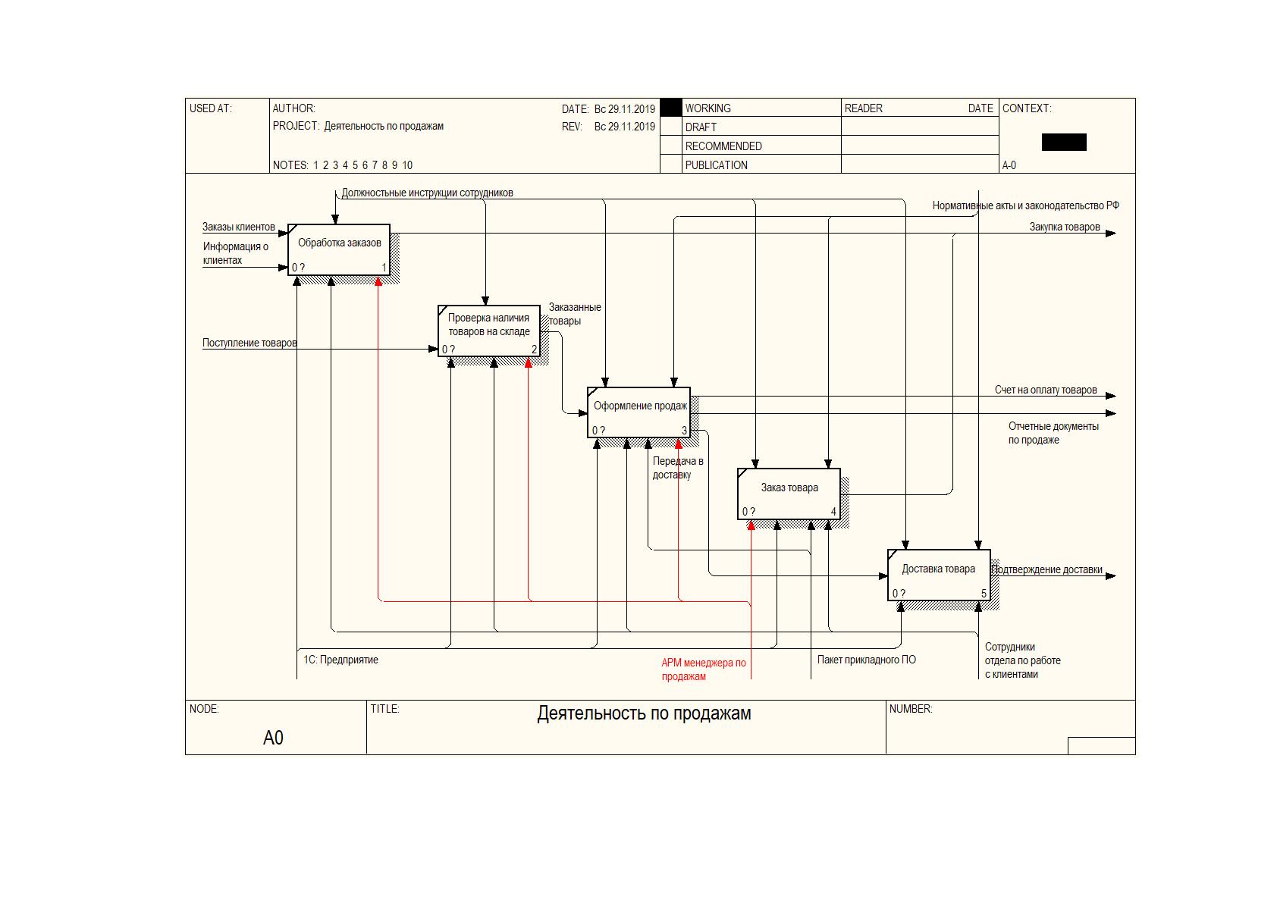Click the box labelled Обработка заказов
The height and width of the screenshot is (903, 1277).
point(339,249)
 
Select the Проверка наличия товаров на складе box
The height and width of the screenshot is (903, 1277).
point(489,331)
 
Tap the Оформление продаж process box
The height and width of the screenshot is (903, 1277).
point(638,412)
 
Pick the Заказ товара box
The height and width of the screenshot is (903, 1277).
point(789,494)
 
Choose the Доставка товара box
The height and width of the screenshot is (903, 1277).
point(939,575)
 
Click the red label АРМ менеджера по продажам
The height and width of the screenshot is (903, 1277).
point(704,669)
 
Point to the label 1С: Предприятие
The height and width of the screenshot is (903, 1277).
point(340,660)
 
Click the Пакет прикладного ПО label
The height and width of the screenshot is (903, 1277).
point(867,660)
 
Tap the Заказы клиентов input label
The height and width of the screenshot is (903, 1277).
point(238,227)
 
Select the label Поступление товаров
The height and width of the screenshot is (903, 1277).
point(249,343)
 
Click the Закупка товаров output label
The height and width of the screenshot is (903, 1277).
point(1065,227)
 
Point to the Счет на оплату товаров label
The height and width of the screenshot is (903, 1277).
point(1046,390)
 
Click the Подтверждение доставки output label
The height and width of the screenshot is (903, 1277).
point(1048,569)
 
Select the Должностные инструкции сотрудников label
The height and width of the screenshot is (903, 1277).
point(427,193)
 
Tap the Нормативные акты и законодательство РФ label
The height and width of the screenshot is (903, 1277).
point(1025,205)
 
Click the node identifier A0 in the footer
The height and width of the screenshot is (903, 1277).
point(273,738)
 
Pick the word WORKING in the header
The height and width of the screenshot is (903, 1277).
point(708,108)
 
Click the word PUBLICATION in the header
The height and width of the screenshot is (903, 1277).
point(716,165)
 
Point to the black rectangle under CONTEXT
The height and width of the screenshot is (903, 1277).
point(1064,142)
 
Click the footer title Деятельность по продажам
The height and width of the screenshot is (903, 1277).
point(645,713)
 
